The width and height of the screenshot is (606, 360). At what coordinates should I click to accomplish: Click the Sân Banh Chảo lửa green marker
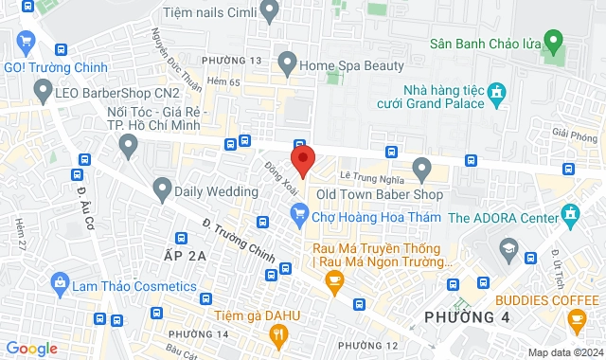(555, 42)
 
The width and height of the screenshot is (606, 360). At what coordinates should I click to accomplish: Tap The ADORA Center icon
(570, 217)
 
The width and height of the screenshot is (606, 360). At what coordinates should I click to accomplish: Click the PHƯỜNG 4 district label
(467, 316)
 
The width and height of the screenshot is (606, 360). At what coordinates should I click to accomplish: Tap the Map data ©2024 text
(563, 352)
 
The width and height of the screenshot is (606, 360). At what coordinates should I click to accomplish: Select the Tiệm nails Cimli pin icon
(270, 12)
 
